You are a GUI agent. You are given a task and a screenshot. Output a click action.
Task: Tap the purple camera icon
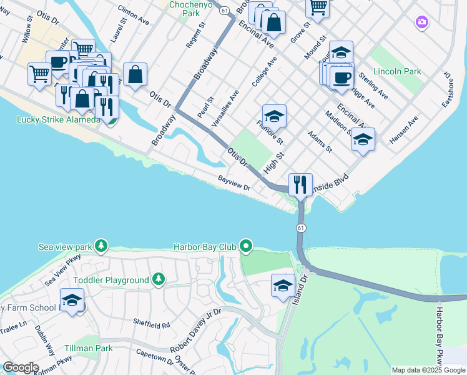[422, 22]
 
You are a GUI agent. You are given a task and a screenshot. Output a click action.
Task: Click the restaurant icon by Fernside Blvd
[300, 184]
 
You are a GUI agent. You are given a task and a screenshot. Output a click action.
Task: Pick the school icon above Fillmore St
[274, 116]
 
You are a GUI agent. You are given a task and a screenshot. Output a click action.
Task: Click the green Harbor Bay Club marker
[246, 247]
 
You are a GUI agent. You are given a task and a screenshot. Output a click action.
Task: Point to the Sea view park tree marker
[101, 246]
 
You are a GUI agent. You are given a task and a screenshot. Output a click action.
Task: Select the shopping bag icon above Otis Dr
[135, 74]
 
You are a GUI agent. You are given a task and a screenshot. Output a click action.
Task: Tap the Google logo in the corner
[21, 367]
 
